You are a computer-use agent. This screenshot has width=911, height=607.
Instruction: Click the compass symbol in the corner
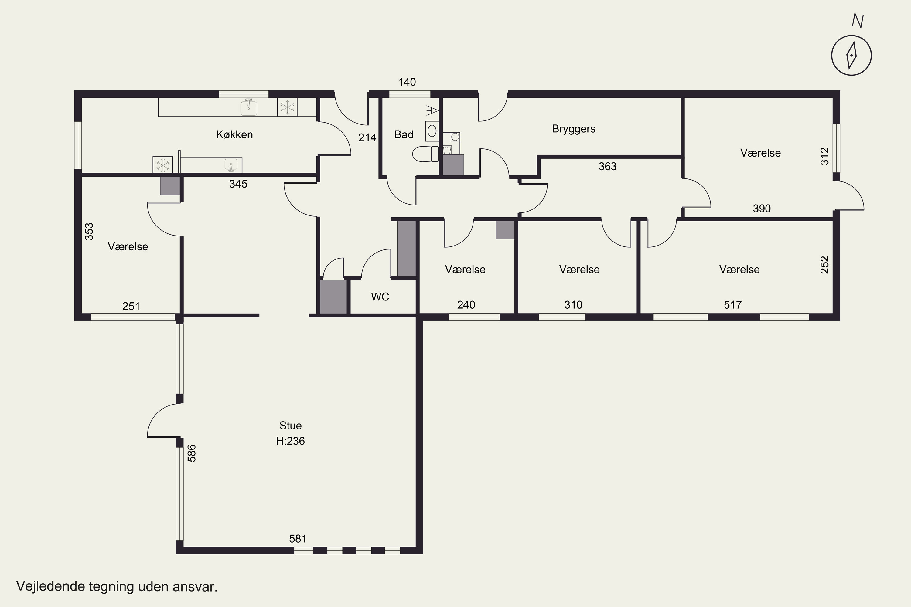click(851, 55)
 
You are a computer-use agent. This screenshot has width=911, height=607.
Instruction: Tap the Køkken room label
click(234, 135)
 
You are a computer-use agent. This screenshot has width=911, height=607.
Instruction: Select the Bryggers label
click(574, 129)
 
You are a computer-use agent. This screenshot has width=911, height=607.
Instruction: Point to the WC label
click(380, 297)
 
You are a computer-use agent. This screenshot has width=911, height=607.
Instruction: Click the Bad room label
click(404, 135)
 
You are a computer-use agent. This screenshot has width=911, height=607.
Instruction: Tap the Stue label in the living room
click(291, 426)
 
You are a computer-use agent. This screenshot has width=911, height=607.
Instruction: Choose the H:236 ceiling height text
click(291, 441)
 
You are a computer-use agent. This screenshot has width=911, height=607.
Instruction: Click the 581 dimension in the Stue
click(298, 539)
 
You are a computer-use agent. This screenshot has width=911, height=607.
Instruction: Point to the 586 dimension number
click(192, 453)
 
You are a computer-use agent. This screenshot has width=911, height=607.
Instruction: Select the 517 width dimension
click(733, 305)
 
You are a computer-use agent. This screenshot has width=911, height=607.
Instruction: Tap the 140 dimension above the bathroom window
click(407, 82)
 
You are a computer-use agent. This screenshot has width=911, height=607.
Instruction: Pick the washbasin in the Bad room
click(432, 131)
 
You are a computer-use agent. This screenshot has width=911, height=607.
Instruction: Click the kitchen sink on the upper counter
click(249, 107)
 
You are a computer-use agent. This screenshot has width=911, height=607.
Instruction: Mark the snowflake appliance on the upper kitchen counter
click(287, 107)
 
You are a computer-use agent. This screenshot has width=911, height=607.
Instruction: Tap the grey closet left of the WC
click(333, 297)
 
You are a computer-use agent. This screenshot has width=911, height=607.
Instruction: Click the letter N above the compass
click(858, 21)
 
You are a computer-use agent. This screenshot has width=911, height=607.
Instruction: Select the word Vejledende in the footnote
click(50, 586)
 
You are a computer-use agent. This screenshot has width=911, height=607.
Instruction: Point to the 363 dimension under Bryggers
click(607, 166)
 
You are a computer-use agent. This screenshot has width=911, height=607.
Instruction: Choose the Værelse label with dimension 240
click(465, 270)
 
